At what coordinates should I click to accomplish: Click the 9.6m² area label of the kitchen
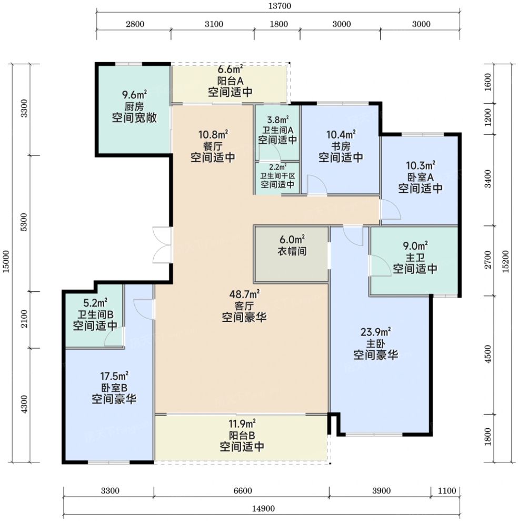(134, 95)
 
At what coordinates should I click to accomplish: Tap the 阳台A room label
(231, 81)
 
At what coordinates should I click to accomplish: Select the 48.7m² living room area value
(244, 294)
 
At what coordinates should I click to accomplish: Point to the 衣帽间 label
(292, 251)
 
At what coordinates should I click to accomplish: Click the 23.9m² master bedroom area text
(375, 332)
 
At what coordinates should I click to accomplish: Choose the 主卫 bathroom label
(415, 258)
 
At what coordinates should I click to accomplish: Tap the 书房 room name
(341, 146)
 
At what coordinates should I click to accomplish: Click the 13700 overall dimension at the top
(279, 6)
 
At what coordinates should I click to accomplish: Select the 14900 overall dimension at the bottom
(263, 509)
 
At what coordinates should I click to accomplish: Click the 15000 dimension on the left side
(7, 261)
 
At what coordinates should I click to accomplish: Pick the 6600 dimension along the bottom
(243, 491)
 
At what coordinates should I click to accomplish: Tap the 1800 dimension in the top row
(278, 24)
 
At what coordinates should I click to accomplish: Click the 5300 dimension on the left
(24, 222)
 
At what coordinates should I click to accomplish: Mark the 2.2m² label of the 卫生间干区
(277, 166)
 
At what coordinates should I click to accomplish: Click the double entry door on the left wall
(163, 245)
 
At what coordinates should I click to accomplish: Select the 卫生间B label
(96, 314)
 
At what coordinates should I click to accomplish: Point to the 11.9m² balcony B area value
(242, 424)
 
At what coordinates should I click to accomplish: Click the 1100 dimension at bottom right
(447, 491)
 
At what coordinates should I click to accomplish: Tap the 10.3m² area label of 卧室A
(421, 165)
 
